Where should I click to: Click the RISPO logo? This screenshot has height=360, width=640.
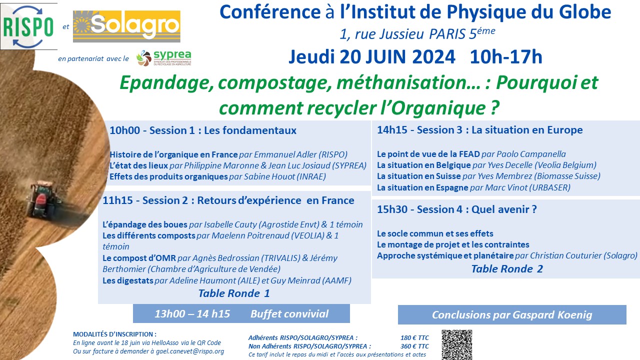click(x=28, y=26)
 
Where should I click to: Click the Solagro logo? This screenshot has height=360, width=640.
click(x=126, y=26)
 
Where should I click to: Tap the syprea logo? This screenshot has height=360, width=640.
click(x=163, y=58)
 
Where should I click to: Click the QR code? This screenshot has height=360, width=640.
click(x=456, y=344)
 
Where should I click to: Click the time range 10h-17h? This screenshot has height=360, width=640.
click(x=505, y=57)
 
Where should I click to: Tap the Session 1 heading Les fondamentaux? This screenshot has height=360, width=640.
click(x=203, y=130)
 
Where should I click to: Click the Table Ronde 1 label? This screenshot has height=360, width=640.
click(x=234, y=293)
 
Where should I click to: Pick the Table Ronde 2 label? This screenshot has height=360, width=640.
click(x=507, y=269)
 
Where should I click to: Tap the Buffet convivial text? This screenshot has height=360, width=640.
click(x=289, y=314)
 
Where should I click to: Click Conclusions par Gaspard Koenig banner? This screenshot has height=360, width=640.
click(x=512, y=315)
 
